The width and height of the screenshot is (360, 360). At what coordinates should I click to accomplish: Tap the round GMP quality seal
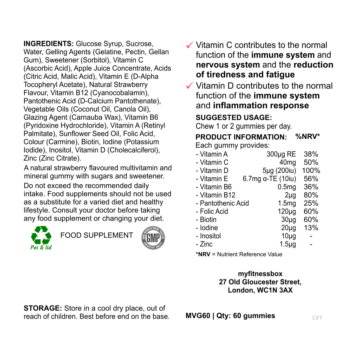pyautogui.click(x=153, y=238)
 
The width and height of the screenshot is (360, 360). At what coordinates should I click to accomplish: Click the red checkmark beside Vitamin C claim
pyautogui.click(x=190, y=45)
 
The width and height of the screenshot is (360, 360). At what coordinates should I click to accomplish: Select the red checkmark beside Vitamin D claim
pyautogui.click(x=190, y=86)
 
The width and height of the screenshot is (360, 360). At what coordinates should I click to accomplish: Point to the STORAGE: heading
pyautogui.click(x=43, y=308)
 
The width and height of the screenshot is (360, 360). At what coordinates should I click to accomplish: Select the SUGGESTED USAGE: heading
pyautogui.click(x=234, y=118)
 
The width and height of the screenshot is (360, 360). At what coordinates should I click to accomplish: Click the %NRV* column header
pyautogui.click(x=308, y=136)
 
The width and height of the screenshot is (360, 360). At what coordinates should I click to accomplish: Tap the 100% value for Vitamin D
pyautogui.click(x=311, y=171)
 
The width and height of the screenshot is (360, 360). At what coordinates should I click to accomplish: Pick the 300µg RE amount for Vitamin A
pyautogui.click(x=281, y=154)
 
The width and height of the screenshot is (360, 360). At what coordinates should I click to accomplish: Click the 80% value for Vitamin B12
pyautogui.click(x=311, y=195)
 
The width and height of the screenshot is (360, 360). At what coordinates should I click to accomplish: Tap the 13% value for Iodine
pyautogui.click(x=311, y=228)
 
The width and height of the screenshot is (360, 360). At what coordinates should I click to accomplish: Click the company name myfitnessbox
pyautogui.click(x=260, y=274)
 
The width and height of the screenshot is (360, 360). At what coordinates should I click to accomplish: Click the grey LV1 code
pyautogui.click(x=317, y=318)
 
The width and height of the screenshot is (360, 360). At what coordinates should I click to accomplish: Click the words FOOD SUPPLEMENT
pyautogui.click(x=97, y=235)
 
